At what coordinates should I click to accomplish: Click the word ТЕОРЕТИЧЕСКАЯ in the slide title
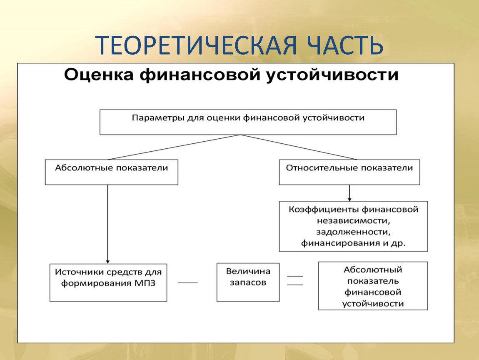(x=196, y=45)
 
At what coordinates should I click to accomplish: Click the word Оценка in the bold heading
(x=99, y=75)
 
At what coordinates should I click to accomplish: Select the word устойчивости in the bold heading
(x=332, y=75)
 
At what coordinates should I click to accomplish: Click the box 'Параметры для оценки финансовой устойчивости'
(x=248, y=122)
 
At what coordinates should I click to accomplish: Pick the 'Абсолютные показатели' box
(x=112, y=172)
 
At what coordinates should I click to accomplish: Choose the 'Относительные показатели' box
(x=349, y=172)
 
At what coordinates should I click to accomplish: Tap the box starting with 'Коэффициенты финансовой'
(x=354, y=226)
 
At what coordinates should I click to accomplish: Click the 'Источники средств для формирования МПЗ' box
(x=108, y=282)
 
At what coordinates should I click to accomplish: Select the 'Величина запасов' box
(x=248, y=282)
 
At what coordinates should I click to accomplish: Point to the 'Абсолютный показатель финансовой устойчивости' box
(x=373, y=286)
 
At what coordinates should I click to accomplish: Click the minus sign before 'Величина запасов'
(x=187, y=282)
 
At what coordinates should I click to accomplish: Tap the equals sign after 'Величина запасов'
(x=295, y=280)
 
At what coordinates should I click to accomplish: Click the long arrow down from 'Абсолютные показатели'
(x=108, y=224)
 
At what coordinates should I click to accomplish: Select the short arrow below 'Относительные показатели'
(x=349, y=193)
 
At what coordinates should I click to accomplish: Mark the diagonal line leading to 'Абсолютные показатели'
(x=175, y=147)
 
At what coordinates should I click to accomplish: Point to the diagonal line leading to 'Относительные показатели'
(x=299, y=147)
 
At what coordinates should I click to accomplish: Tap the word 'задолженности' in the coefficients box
(x=354, y=232)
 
